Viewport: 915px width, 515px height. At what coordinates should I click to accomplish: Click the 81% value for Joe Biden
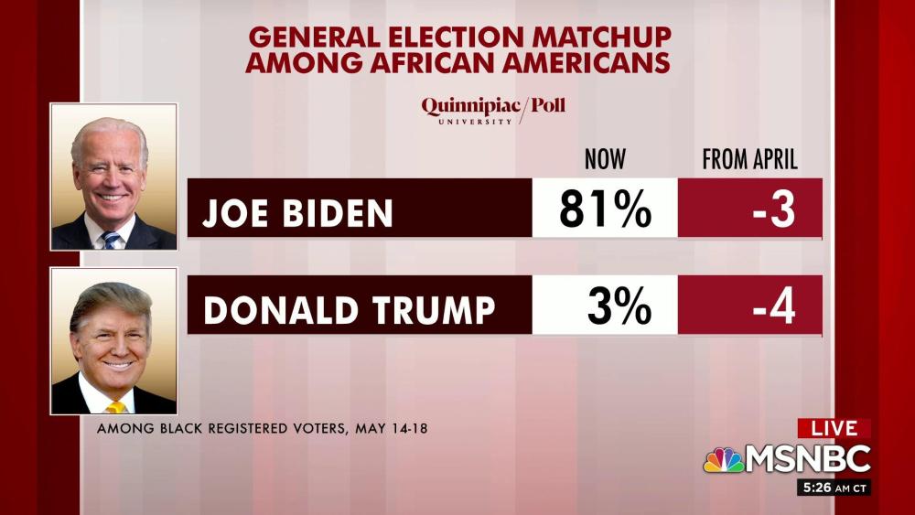coord(605,209)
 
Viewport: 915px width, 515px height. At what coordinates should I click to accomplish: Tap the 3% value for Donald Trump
coord(619,306)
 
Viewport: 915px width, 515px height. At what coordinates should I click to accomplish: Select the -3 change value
coord(772,209)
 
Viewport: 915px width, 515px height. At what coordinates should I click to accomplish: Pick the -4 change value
coord(773,306)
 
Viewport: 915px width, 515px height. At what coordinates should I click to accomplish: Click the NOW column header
coord(605,160)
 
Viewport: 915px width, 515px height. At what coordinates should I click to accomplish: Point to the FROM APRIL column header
coord(749,160)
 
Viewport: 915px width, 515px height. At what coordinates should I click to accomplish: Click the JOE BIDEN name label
coord(298,213)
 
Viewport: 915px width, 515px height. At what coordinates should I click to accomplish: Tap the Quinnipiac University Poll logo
coord(493,109)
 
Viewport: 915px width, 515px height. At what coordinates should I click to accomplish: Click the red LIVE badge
coord(834,428)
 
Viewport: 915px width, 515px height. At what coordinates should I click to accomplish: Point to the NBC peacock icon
coord(722,459)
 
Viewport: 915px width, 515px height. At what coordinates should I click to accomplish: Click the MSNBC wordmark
coord(807,459)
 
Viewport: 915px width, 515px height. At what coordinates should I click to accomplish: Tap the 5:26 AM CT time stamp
coord(833,488)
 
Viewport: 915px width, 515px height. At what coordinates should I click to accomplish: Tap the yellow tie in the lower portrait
coord(116,406)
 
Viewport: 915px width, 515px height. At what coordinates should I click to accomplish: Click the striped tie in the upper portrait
coord(112,240)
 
